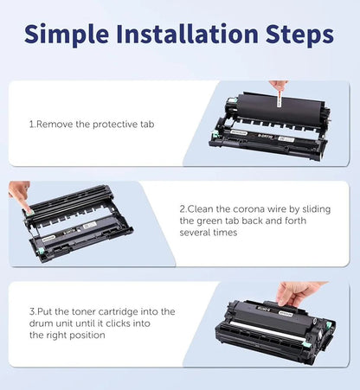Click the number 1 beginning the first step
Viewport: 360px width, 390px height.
31,125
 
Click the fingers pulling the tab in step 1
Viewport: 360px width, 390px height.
278,86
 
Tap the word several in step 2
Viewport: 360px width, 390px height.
197,233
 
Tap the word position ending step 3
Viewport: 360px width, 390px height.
91,335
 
